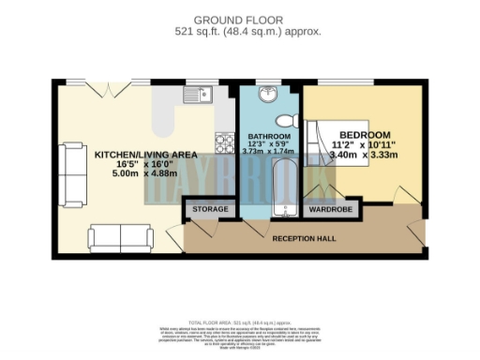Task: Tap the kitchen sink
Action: pyautogui.click(x=200, y=93)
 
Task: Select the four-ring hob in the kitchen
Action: pyautogui.click(x=225, y=142)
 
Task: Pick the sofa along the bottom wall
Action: pyautogui.click(x=121, y=237)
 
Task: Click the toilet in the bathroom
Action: pyautogui.click(x=290, y=120)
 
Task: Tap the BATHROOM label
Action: pyautogui.click(x=268, y=134)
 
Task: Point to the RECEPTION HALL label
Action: pyautogui.click(x=305, y=239)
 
